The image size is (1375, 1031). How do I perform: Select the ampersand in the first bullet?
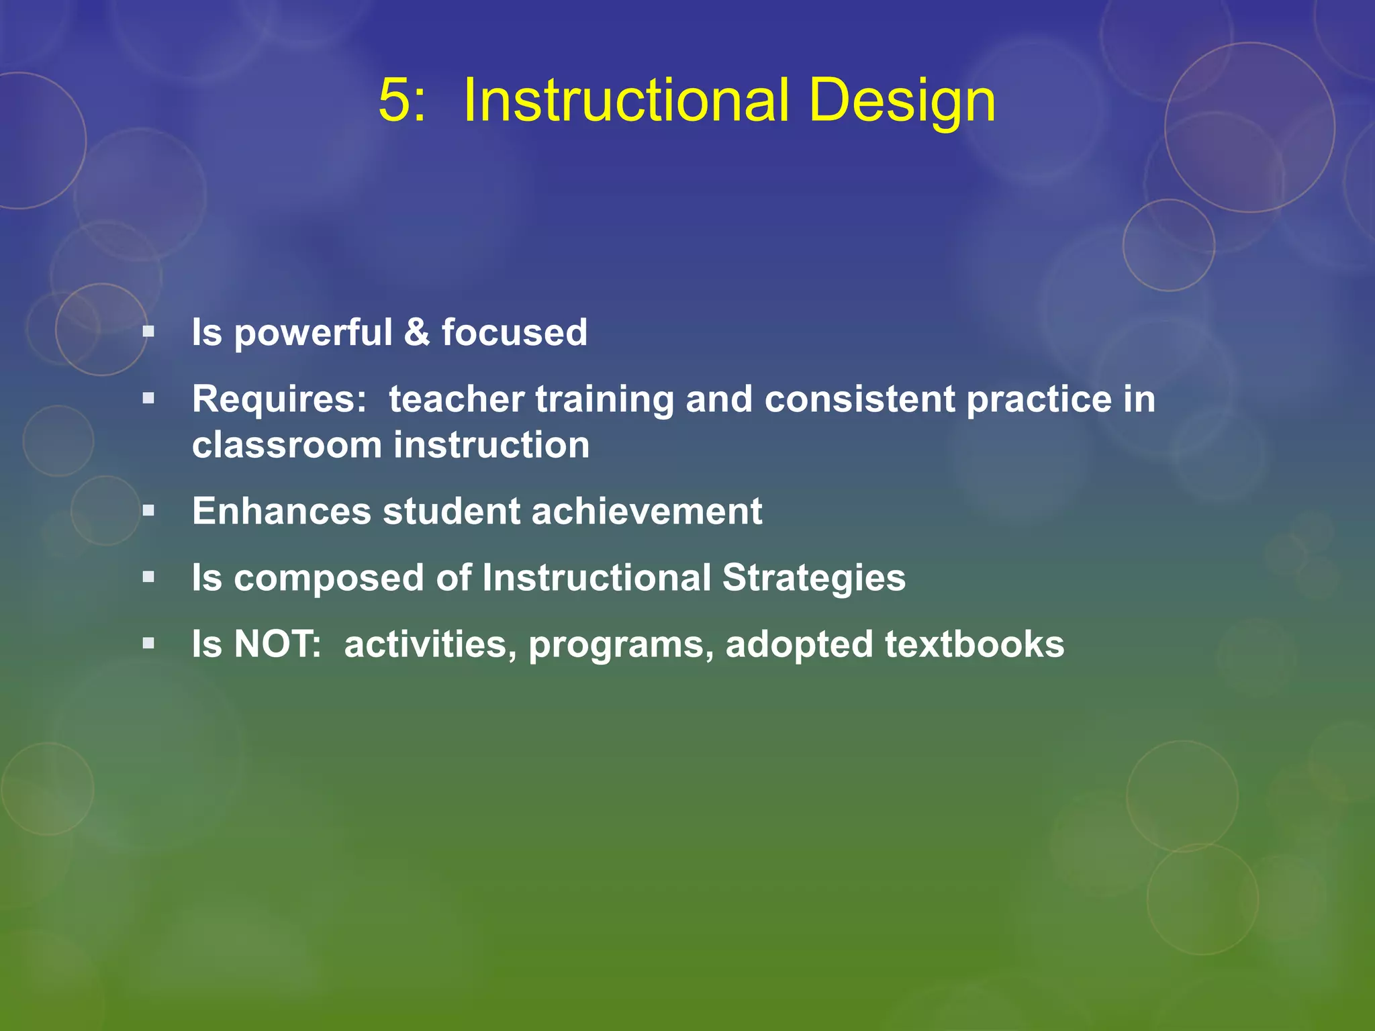(417, 332)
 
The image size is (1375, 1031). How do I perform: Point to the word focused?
(514, 332)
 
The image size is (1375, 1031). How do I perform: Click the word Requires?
(279, 400)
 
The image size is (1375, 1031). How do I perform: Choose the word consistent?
(859, 399)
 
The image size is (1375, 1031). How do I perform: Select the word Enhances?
(281, 511)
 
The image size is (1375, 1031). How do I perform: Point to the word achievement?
(647, 511)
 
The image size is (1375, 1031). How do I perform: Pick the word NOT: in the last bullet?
(277, 644)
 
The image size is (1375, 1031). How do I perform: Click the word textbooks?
(974, 644)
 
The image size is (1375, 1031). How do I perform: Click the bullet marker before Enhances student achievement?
(148, 511)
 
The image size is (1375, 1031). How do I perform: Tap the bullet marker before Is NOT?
(148, 644)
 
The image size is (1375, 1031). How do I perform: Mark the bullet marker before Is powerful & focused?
(148, 332)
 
